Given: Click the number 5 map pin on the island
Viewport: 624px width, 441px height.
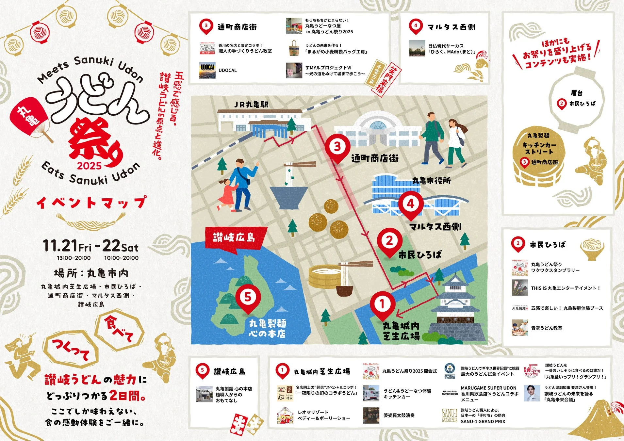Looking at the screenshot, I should (248, 298).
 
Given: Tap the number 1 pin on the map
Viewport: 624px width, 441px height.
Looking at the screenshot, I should (382, 305).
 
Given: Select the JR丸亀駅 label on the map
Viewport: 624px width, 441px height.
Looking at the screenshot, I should (251, 105).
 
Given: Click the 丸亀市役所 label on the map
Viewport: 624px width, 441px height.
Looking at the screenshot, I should (431, 181).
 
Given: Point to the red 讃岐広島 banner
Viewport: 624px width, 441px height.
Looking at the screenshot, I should (234, 237).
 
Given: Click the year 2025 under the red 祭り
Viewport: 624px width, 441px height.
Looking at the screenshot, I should (89, 166).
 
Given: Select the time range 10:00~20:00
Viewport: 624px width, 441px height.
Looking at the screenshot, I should (121, 258).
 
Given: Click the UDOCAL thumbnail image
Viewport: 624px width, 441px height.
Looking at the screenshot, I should (207, 71).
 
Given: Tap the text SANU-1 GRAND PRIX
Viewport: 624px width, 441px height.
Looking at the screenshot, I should (483, 422).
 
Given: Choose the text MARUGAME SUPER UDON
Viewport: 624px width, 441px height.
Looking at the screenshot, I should (488, 388).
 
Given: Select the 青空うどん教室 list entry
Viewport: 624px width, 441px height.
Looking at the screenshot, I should (546, 328).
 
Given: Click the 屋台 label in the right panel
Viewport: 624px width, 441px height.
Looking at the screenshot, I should (577, 93).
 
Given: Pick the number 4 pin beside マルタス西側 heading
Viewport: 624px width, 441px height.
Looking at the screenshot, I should (416, 26).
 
